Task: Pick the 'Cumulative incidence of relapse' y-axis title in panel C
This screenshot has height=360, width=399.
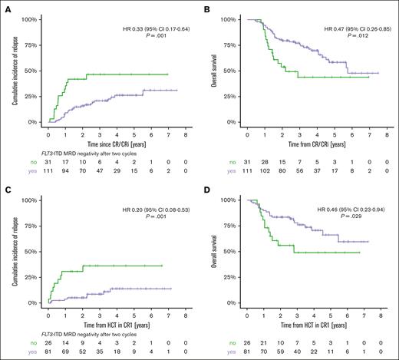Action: point(13,249)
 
